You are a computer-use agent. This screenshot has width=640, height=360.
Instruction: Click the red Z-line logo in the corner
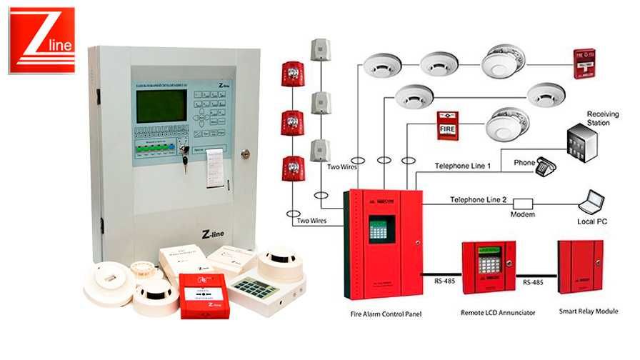pyautogui.click(x=41, y=40)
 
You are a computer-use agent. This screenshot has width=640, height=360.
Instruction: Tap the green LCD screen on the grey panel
pyautogui.click(x=161, y=105)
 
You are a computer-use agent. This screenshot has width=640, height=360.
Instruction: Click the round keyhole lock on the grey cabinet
pyautogui.click(x=246, y=153)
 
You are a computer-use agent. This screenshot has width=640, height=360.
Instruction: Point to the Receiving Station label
pyautogui.click(x=598, y=119)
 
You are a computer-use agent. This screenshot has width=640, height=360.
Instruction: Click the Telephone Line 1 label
pyautogui.click(x=463, y=166)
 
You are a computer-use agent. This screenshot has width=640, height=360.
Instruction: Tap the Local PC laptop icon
pyautogui.click(x=592, y=203)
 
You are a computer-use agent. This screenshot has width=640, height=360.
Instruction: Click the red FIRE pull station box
pyautogui.click(x=447, y=126)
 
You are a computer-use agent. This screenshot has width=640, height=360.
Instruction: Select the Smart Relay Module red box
pyautogui.click(x=579, y=268)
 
